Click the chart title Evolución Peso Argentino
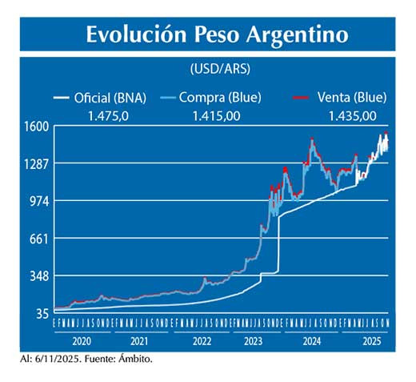(x=217, y=35)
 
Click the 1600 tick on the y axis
(x=36, y=126)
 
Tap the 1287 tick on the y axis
(x=36, y=163)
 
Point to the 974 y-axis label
(x=39, y=201)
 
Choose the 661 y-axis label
(x=39, y=239)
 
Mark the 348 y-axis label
(x=39, y=276)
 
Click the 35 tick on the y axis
(x=42, y=314)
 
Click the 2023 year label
(x=254, y=340)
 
